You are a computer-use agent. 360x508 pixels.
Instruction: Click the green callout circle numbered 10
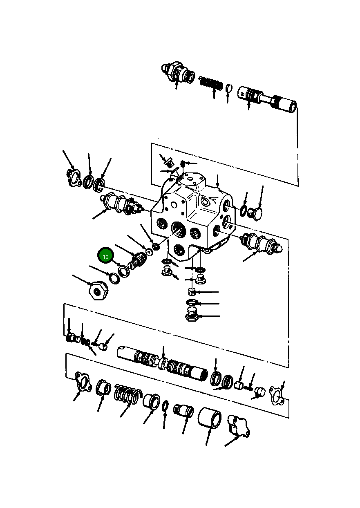105,256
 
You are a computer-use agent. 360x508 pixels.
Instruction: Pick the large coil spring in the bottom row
127,395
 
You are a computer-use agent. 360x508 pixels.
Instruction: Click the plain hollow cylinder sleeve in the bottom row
210,418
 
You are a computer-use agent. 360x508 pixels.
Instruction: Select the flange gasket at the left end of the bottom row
83,383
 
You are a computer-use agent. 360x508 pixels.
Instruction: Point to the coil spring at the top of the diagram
211,83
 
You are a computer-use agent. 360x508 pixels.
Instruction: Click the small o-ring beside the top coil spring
229,88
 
